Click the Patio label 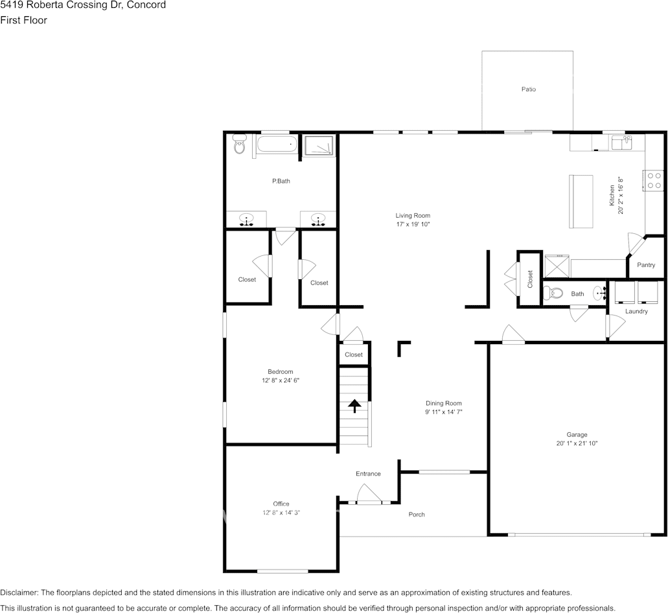point(528,89)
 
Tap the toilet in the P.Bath point(240,144)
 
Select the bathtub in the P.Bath point(277,145)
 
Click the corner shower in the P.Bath point(318,145)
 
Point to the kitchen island point(581,202)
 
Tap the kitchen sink point(621,143)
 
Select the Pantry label point(646,265)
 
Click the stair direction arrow point(354,406)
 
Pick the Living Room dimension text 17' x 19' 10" point(413,224)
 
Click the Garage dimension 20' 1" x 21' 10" point(577,443)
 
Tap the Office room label point(281,503)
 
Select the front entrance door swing point(369,494)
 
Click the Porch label point(417,514)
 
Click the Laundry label point(636,312)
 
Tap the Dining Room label point(443,403)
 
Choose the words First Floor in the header point(23,20)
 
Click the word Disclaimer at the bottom point(19,592)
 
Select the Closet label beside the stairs point(354,354)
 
